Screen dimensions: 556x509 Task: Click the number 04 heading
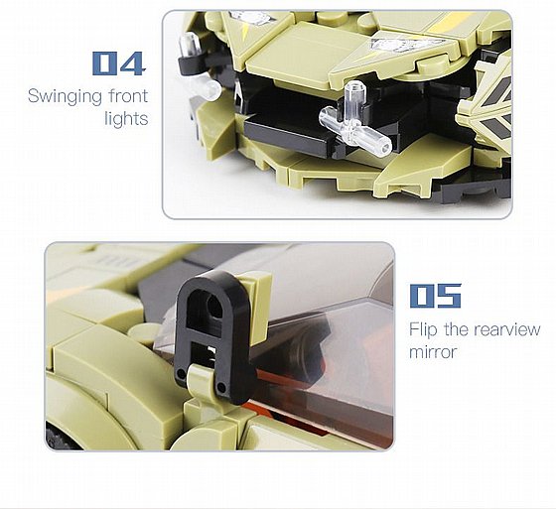point(119,64)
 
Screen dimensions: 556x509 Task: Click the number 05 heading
point(436,296)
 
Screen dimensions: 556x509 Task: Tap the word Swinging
point(66,97)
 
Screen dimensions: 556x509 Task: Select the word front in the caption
point(128,96)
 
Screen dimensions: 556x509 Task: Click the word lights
point(126,118)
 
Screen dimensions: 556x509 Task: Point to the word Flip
point(423,330)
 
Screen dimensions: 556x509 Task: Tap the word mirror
point(432,352)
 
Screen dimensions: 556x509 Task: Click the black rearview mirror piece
point(212,336)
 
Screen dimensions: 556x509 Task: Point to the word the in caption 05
point(456,329)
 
